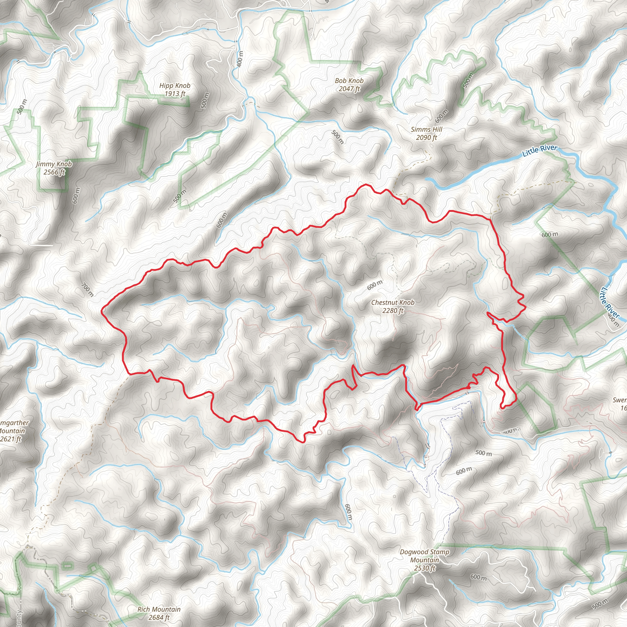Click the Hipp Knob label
click(x=175, y=86)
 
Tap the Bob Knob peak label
click(x=349, y=81)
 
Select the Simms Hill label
click(x=426, y=130)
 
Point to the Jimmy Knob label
click(x=54, y=164)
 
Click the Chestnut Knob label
click(x=393, y=302)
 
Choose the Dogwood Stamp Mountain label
click(x=425, y=556)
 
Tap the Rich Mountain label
click(x=159, y=609)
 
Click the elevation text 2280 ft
click(x=393, y=310)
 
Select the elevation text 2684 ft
click(x=159, y=617)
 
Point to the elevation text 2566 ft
click(x=54, y=172)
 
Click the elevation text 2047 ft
click(x=349, y=88)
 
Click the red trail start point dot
click(x=469, y=388)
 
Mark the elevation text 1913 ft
click(x=175, y=94)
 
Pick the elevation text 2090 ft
click(x=426, y=137)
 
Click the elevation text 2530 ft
click(x=425, y=568)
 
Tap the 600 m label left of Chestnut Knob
click(x=375, y=285)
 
